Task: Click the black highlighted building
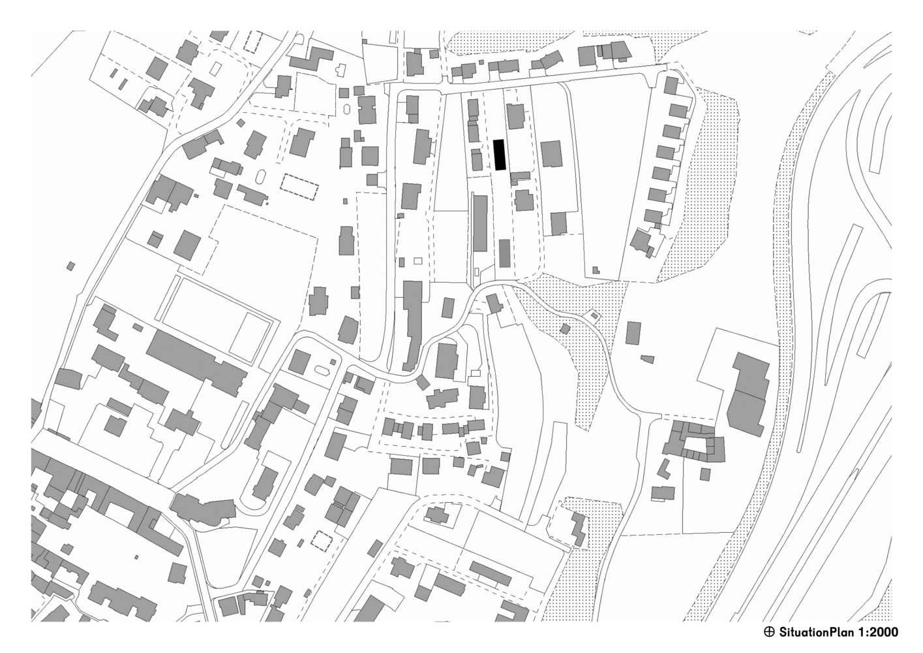(x=499, y=155)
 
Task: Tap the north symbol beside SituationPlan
(x=769, y=632)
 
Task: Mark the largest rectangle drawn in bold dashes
(x=299, y=187)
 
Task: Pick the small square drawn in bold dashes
(x=321, y=541)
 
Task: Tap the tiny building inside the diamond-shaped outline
(x=594, y=316)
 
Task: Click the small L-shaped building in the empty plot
(x=596, y=270)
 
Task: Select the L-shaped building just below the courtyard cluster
(x=663, y=469)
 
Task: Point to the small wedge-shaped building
(x=647, y=359)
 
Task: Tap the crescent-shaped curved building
(x=202, y=510)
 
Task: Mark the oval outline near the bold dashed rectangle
(x=261, y=178)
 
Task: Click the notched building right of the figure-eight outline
(x=367, y=110)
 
